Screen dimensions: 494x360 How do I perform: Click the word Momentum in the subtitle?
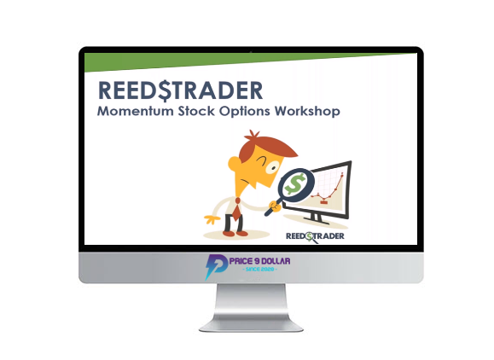point(135,111)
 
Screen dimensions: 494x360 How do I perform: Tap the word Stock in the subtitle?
point(196,111)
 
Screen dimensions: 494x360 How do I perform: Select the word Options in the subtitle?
point(245,112)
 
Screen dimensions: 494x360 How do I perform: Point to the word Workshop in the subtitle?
point(307,112)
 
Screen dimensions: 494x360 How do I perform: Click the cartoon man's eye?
point(272,167)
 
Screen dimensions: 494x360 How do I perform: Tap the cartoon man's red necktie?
point(236,209)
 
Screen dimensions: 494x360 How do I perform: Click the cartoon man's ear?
point(234,163)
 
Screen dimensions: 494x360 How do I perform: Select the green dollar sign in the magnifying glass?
point(295,184)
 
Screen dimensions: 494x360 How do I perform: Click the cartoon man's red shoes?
point(235,234)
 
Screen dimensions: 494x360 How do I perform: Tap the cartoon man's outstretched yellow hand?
point(212,219)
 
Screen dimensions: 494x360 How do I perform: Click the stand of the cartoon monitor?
point(317,218)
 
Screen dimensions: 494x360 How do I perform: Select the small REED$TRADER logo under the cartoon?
point(315,237)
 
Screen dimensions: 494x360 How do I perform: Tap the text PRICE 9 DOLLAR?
point(260,261)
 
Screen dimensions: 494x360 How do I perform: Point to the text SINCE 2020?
point(260,270)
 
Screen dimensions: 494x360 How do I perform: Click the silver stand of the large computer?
point(252,307)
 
